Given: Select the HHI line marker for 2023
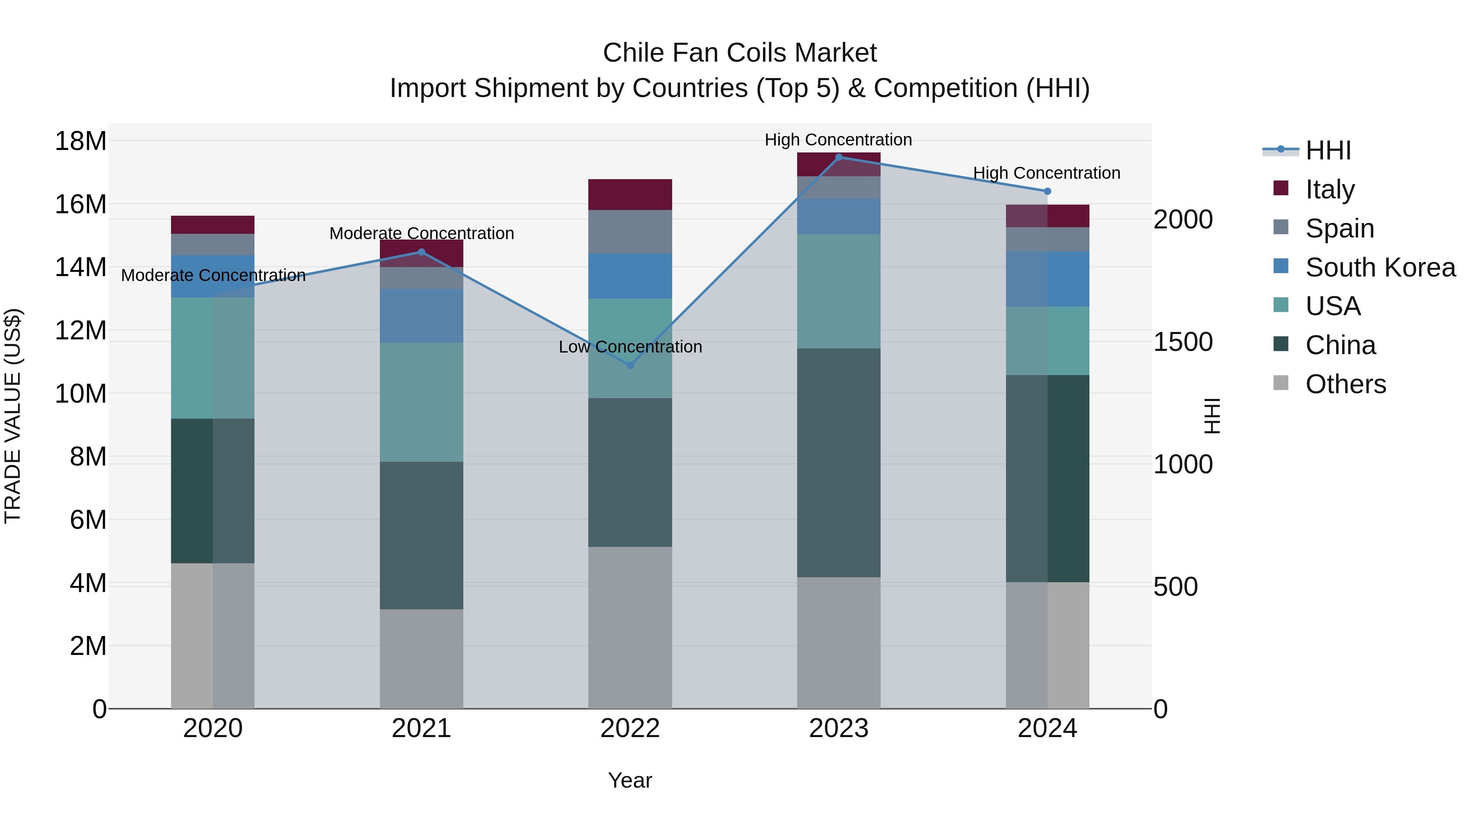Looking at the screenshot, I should [x=838, y=157].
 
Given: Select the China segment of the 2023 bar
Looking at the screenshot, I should [x=838, y=462].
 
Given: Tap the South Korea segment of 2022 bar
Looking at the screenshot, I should [x=630, y=276].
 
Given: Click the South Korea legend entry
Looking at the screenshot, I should [x=1379, y=267].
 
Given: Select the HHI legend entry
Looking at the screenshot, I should [x=1327, y=150].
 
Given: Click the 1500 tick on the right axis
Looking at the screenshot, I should [x=1183, y=342].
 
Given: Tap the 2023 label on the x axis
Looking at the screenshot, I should [x=838, y=728].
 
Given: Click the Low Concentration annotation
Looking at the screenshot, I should [x=630, y=347].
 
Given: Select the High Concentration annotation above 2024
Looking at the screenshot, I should [x=1046, y=173].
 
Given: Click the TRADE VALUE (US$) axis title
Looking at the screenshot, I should [x=13, y=416].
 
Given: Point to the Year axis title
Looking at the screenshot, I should [x=630, y=780].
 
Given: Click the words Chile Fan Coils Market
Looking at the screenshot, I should [x=740, y=53].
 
